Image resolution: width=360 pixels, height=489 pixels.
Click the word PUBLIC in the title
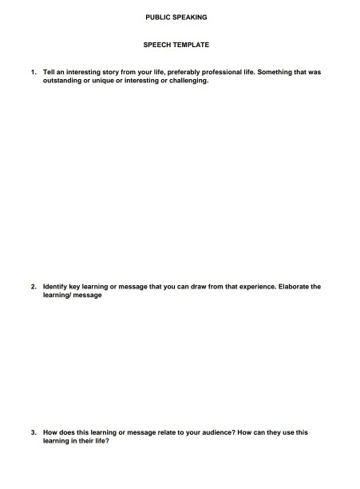pos(157,17)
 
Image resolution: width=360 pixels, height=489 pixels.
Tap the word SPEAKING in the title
pos(190,17)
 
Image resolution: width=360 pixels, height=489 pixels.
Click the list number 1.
pos(34,72)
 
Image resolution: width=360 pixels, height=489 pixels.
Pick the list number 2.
pos(34,286)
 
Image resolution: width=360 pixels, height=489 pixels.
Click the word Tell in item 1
pos(49,72)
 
